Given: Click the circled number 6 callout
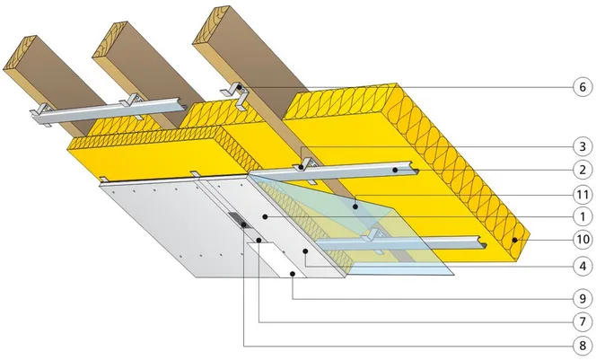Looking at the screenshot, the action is [x=583, y=87].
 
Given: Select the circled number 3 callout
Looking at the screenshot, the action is [x=583, y=146].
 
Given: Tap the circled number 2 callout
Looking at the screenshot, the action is [x=583, y=170].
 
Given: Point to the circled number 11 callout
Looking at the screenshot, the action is [x=583, y=195].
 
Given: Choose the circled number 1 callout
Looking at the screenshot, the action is [x=583, y=216].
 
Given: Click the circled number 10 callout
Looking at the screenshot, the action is [x=583, y=240].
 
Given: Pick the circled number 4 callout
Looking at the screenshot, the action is [x=583, y=266].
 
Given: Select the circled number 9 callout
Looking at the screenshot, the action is [x=583, y=299].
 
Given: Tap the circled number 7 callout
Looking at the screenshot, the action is [x=583, y=322].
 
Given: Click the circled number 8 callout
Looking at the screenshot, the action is [x=583, y=346].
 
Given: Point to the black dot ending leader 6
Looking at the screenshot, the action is [x=240, y=87].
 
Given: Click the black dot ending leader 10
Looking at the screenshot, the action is [x=514, y=240].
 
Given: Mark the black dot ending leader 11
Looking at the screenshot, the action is [x=355, y=206].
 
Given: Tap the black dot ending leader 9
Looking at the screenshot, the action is [x=293, y=274].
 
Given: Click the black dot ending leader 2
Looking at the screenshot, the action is [x=395, y=170].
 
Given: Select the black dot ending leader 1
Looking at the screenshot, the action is [x=265, y=216].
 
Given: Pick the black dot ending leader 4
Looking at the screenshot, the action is [x=305, y=250].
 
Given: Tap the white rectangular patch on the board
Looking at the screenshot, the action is [x=276, y=260].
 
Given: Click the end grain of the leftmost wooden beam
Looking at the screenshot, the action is [x=20, y=53].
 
